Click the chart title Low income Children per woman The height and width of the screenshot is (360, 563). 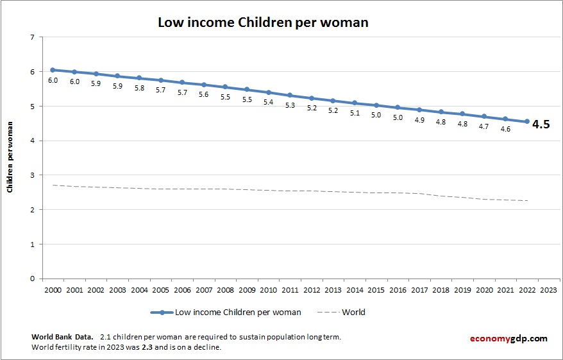[x=263, y=22]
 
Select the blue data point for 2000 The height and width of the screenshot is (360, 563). [x=53, y=70]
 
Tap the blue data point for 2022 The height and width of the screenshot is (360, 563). [x=527, y=121]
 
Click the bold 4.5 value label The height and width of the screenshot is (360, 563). [x=541, y=124]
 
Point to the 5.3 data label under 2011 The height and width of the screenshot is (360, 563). [x=290, y=105]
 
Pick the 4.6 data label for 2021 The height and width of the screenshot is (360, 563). [x=505, y=129]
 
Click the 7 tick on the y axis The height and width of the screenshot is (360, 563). [x=31, y=37]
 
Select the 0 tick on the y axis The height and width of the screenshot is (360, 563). [x=31, y=279]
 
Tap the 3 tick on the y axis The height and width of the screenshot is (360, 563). [x=31, y=175]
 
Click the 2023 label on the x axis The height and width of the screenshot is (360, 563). [x=548, y=289]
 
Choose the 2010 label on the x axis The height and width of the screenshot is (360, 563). [x=268, y=289]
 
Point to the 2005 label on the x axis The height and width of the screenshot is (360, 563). [x=160, y=289]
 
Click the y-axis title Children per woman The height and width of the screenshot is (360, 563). [x=10, y=158]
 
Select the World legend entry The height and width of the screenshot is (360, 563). [x=353, y=313]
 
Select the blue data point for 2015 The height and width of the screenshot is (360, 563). [x=376, y=105]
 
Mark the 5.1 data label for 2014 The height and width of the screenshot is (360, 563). [x=355, y=113]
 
